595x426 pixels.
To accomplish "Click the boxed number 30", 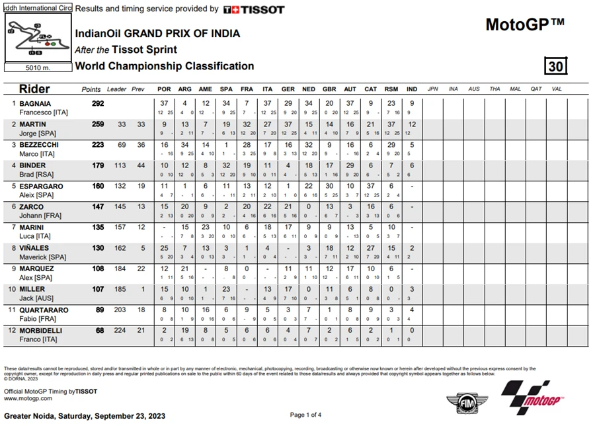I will click(555, 66).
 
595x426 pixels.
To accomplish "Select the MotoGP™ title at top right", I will click(525, 24).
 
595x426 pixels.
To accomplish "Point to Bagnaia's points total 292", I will click(99, 104).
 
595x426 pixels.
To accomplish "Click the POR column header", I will click(164, 89).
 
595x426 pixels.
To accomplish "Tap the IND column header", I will click(412, 89).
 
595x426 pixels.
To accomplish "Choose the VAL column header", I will click(557, 89).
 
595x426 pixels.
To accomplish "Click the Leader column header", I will click(117, 89).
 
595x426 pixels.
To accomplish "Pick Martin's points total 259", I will click(99, 124).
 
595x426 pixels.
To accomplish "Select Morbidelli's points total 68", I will click(100, 330).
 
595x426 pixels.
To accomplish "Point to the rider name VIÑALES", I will click(33, 248).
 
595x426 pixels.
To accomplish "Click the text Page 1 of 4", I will click(306, 415).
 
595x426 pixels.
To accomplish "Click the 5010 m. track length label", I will click(37, 67).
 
